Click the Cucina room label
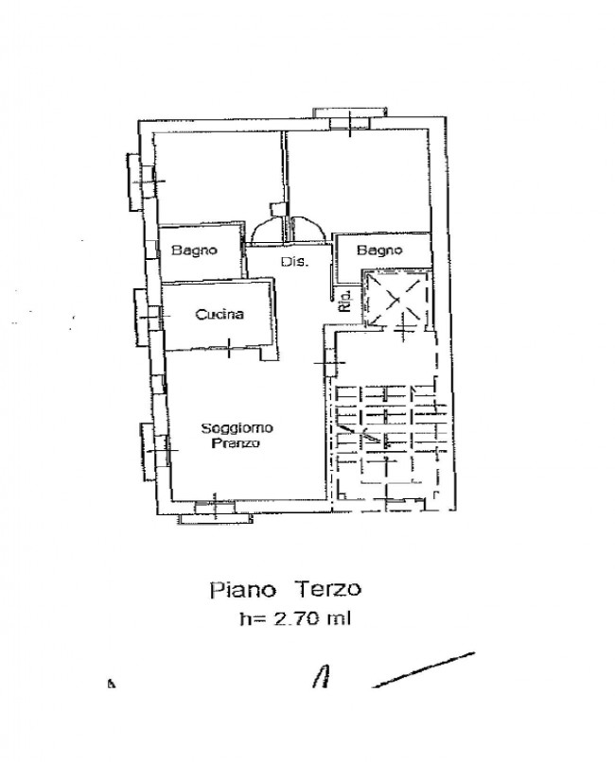click(220, 315)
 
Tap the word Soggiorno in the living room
click(237, 428)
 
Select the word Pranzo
click(236, 443)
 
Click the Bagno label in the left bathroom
click(195, 251)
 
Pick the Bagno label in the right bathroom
click(379, 251)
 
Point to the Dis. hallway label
click(294, 262)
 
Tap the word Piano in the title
click(242, 590)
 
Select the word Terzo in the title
click(328, 589)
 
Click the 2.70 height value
click(296, 618)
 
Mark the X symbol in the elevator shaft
click(395, 299)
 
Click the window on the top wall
click(350, 117)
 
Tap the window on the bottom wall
click(215, 511)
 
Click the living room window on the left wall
click(155, 452)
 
